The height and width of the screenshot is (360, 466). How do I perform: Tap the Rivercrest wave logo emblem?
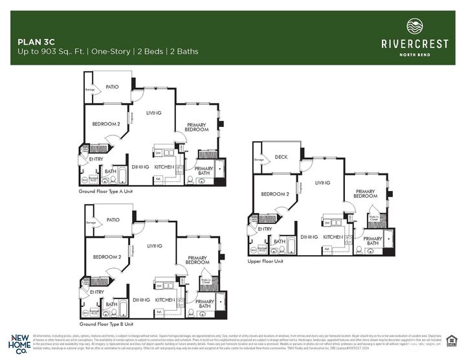414,27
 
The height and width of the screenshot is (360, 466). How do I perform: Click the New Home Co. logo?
19,343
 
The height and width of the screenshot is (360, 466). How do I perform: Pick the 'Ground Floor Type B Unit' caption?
106,323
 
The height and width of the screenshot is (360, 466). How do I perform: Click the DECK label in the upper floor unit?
281,157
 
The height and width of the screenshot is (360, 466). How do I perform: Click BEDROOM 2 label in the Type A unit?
105,124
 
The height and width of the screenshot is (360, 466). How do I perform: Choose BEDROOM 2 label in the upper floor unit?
274,194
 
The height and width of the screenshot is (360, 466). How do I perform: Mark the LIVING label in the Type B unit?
154,245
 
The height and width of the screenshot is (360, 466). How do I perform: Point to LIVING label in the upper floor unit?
322,183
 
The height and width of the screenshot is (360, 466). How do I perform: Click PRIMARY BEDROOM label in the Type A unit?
197,127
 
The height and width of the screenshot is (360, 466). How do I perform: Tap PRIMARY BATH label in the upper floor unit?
372,241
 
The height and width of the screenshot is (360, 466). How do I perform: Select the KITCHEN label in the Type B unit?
165,300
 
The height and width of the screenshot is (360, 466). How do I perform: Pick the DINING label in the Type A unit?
141,167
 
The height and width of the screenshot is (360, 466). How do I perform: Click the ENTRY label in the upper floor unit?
265,229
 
